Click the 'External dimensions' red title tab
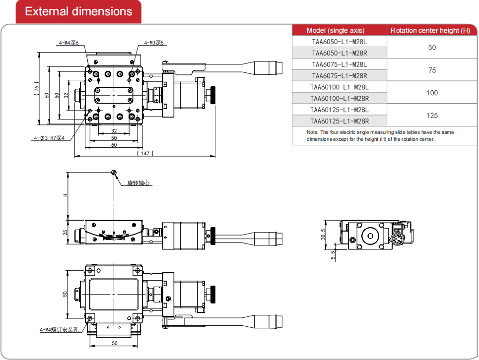(78, 12)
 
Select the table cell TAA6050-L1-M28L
(339, 42)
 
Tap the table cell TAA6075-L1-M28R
(339, 75)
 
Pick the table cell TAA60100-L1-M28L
(339, 87)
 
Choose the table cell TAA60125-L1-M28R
(339, 120)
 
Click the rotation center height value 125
(432, 115)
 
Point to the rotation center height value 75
(432, 70)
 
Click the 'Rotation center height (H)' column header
(430, 30)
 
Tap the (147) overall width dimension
(144, 154)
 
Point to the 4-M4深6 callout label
(68, 43)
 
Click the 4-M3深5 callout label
(154, 43)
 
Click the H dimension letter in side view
(65, 195)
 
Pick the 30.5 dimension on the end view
(323, 234)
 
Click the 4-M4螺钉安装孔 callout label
(59, 329)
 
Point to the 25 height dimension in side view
(65, 232)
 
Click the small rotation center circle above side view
(114, 172)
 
